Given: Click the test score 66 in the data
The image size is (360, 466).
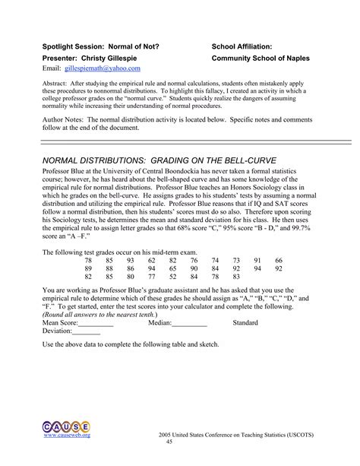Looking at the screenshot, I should (x=279, y=261).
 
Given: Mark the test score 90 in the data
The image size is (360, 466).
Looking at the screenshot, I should (x=194, y=269).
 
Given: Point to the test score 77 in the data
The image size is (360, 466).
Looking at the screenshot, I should (x=152, y=277).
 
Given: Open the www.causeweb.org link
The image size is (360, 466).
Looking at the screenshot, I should (x=67, y=435).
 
